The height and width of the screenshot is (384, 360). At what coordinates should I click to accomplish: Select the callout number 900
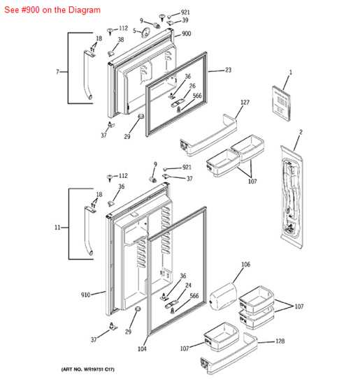[x=187, y=34]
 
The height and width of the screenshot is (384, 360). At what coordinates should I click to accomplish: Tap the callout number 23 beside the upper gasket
[x=229, y=70]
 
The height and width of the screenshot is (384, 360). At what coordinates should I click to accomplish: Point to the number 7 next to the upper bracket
[x=57, y=72]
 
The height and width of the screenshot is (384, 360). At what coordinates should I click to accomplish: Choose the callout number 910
[x=85, y=295]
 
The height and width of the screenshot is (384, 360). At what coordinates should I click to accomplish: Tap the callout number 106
[x=245, y=265]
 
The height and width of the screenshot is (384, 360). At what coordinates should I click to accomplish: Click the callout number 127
[x=245, y=103]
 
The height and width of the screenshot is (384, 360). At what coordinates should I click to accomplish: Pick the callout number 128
[x=280, y=341]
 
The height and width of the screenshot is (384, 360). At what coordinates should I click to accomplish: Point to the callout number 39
[x=185, y=21]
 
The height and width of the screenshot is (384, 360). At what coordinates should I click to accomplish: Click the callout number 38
[x=120, y=40]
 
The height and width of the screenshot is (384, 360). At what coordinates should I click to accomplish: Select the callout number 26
[x=192, y=86]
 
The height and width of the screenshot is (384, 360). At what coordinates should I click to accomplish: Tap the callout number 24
[x=188, y=285]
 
